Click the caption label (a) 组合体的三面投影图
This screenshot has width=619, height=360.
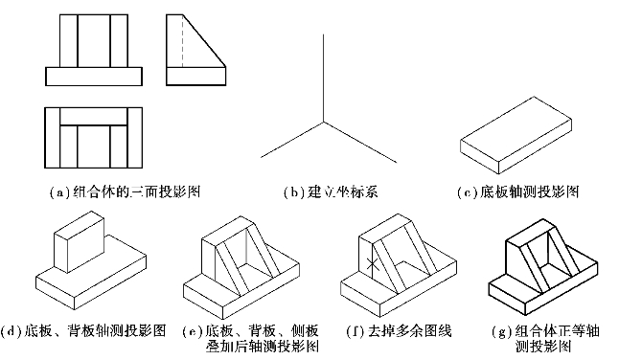point(126,192)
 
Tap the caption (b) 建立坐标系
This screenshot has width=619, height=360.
point(331,192)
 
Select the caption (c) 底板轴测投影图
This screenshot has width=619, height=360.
point(518,192)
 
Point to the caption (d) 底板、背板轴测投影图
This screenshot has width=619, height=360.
point(83,330)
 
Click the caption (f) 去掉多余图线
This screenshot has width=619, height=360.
point(399,330)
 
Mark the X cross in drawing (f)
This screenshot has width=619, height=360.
point(373,264)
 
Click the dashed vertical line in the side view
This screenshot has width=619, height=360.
point(183,41)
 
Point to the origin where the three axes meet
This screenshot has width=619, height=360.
point(324,122)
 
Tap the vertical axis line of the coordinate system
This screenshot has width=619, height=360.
point(324,79)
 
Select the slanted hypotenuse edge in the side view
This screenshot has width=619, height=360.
point(204,41)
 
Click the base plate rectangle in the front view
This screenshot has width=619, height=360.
point(94,76)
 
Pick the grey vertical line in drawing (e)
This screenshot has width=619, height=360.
point(246,246)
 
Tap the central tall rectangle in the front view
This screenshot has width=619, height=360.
point(94,41)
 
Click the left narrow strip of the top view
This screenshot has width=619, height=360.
point(53,138)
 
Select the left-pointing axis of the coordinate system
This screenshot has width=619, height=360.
point(292,140)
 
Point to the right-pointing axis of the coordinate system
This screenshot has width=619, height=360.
point(360,142)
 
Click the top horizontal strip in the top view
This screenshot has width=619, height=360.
point(94,116)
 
